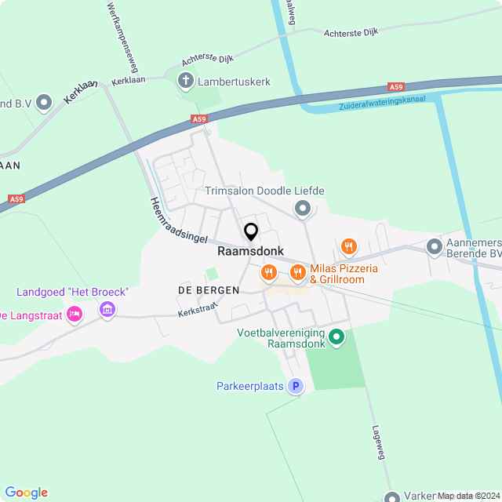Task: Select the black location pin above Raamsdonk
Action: click(x=251, y=232)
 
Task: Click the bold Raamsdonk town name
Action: click(x=250, y=253)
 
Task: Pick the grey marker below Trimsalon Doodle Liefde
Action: click(x=303, y=208)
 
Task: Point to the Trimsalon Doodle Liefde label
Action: click(x=264, y=191)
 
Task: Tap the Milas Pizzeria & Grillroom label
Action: click(x=343, y=274)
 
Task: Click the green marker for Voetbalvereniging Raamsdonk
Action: click(x=336, y=337)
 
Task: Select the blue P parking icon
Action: click(x=295, y=386)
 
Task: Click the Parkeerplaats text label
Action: click(x=250, y=386)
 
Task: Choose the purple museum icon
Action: click(x=107, y=311)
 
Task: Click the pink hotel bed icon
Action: click(x=75, y=315)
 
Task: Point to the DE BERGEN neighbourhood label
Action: click(x=202, y=291)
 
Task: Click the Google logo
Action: click(x=26, y=493)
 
